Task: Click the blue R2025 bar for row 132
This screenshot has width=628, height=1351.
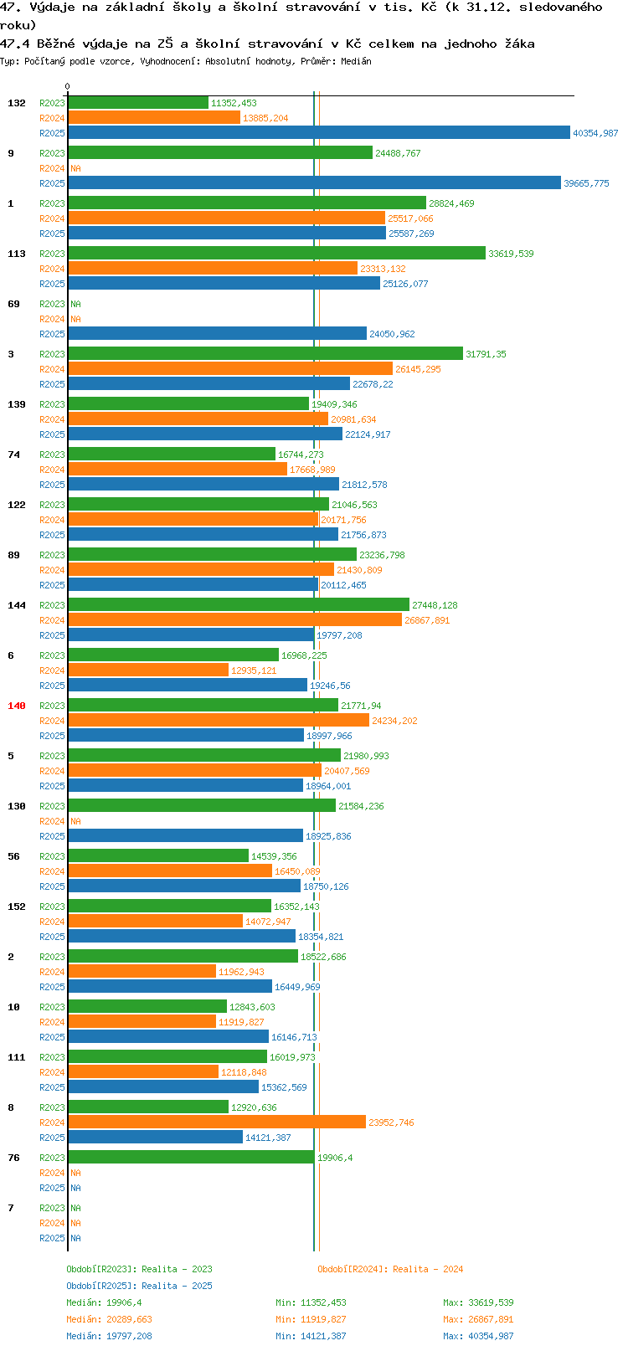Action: [318, 133]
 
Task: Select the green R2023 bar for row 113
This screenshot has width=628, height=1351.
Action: [276, 254]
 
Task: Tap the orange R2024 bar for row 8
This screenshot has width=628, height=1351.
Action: [217, 1122]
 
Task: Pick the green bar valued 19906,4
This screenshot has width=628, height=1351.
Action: [191, 1158]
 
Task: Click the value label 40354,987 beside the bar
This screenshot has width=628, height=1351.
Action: [595, 133]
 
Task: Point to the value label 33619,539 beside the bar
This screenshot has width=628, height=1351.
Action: [511, 254]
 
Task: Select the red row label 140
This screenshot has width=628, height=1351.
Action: [16, 706]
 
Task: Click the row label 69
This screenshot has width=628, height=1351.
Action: [14, 304]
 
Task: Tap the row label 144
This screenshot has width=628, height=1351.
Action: [16, 605]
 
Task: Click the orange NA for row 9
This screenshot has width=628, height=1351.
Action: [75, 168]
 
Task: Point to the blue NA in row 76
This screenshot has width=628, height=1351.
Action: [75, 1188]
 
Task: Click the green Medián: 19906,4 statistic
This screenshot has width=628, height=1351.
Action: [104, 1302]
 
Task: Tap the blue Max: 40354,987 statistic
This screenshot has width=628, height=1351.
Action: [478, 1336]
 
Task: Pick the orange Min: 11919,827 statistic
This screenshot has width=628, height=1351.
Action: [311, 1319]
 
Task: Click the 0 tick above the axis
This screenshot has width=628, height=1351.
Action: [67, 86]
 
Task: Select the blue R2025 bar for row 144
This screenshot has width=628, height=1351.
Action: [191, 634]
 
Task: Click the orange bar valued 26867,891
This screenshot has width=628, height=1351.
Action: [234, 619]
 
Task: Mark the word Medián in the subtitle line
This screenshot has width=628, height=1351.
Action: [356, 61]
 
